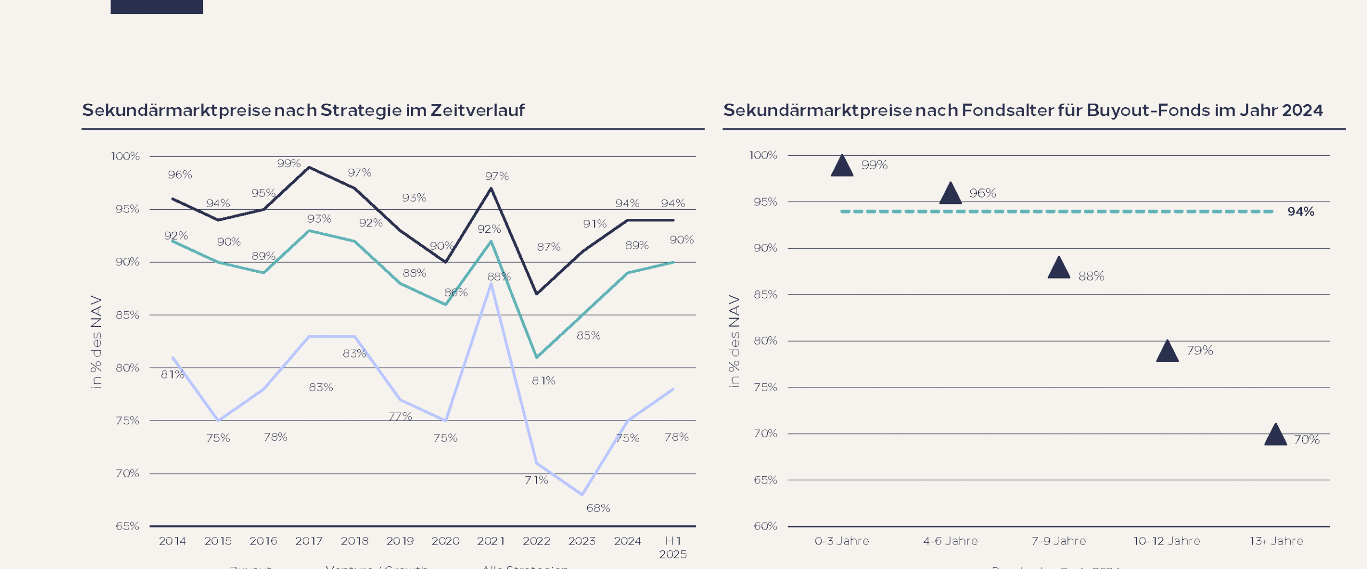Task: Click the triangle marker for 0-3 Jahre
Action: click(842, 167)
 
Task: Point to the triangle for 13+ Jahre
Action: click(1276, 436)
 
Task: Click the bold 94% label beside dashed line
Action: click(1301, 212)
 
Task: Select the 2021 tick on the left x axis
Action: click(491, 541)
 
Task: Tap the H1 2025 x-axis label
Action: click(673, 548)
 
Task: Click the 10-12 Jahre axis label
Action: click(1167, 541)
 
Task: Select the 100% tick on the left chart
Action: click(125, 156)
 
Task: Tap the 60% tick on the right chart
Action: click(765, 526)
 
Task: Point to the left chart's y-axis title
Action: click(96, 342)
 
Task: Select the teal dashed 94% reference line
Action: click(1057, 212)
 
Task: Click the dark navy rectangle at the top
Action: click(156, 6)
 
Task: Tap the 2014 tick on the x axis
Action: click(172, 541)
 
